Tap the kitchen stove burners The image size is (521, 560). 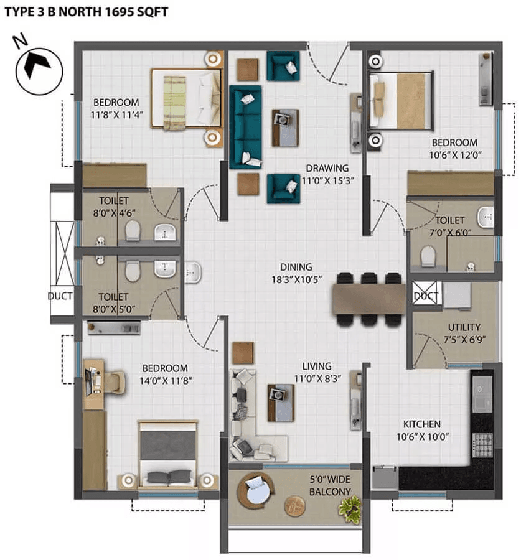pos(482,444)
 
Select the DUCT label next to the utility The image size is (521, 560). pos(426,296)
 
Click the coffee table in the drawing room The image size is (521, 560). pos(285,128)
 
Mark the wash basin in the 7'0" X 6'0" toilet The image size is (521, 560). pos(486,218)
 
